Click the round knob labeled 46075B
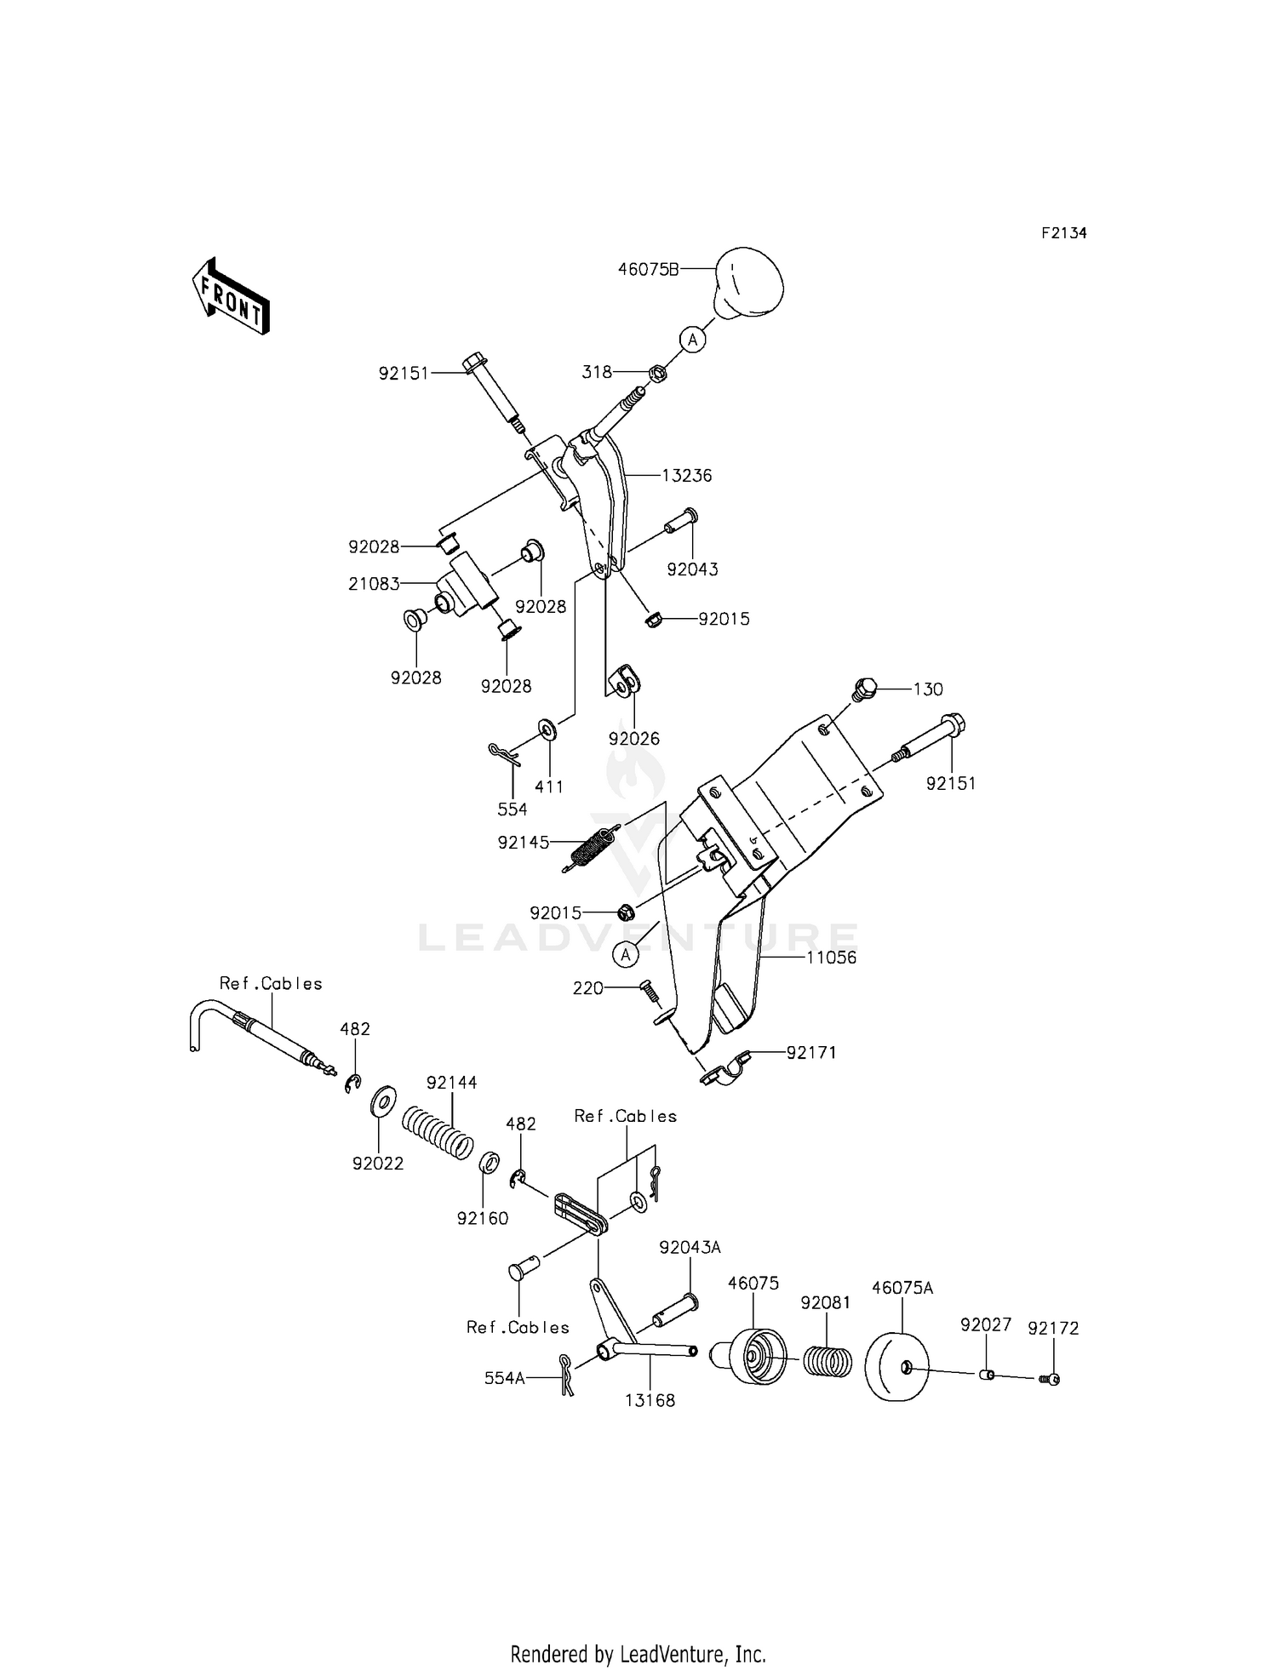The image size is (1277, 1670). (x=747, y=282)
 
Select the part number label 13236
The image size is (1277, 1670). (x=687, y=476)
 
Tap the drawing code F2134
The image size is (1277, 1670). (x=1063, y=233)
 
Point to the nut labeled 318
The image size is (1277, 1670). (x=657, y=373)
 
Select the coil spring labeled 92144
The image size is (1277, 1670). (x=437, y=1130)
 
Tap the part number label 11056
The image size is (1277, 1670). (x=832, y=958)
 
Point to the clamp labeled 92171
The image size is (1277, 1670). (x=725, y=1071)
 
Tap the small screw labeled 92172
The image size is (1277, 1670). (x=1051, y=1379)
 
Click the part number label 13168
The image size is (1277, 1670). (x=650, y=1400)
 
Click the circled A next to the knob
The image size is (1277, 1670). (x=693, y=340)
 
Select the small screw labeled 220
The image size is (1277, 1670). (x=648, y=991)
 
